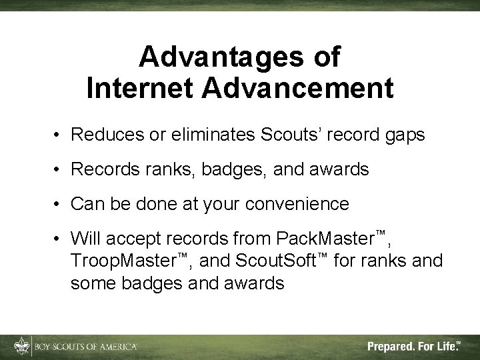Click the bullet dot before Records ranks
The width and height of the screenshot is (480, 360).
59,170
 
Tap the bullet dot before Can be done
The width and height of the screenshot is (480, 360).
59,204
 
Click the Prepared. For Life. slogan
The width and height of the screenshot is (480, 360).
413,347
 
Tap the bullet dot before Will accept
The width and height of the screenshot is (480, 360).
59,238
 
